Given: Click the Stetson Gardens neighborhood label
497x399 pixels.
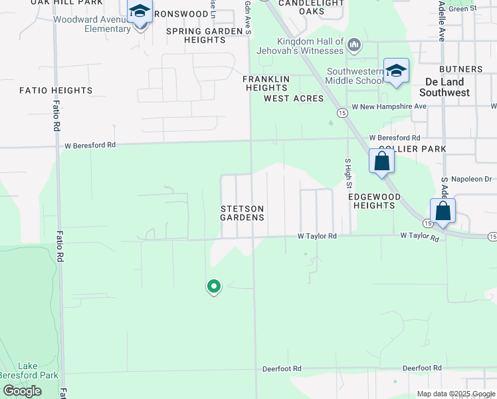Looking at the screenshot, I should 243,213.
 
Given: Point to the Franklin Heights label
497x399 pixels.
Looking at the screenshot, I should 266,83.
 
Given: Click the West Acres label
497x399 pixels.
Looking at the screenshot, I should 294,98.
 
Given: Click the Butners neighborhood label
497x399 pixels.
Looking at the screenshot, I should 460,69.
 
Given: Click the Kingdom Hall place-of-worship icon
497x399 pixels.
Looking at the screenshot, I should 353,45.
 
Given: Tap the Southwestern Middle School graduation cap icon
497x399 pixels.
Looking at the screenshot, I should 396,70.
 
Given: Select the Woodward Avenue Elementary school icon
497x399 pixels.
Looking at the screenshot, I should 140,12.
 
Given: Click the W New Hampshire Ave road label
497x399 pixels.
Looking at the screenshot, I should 389,106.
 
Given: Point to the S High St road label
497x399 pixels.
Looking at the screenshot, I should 348,173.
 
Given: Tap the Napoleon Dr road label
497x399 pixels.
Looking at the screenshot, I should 470,180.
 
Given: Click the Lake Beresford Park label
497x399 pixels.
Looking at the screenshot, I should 28,370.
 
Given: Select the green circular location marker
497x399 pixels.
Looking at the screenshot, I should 214,286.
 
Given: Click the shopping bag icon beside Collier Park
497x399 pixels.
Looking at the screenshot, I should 381,161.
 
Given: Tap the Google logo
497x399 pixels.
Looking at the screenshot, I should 23,391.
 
